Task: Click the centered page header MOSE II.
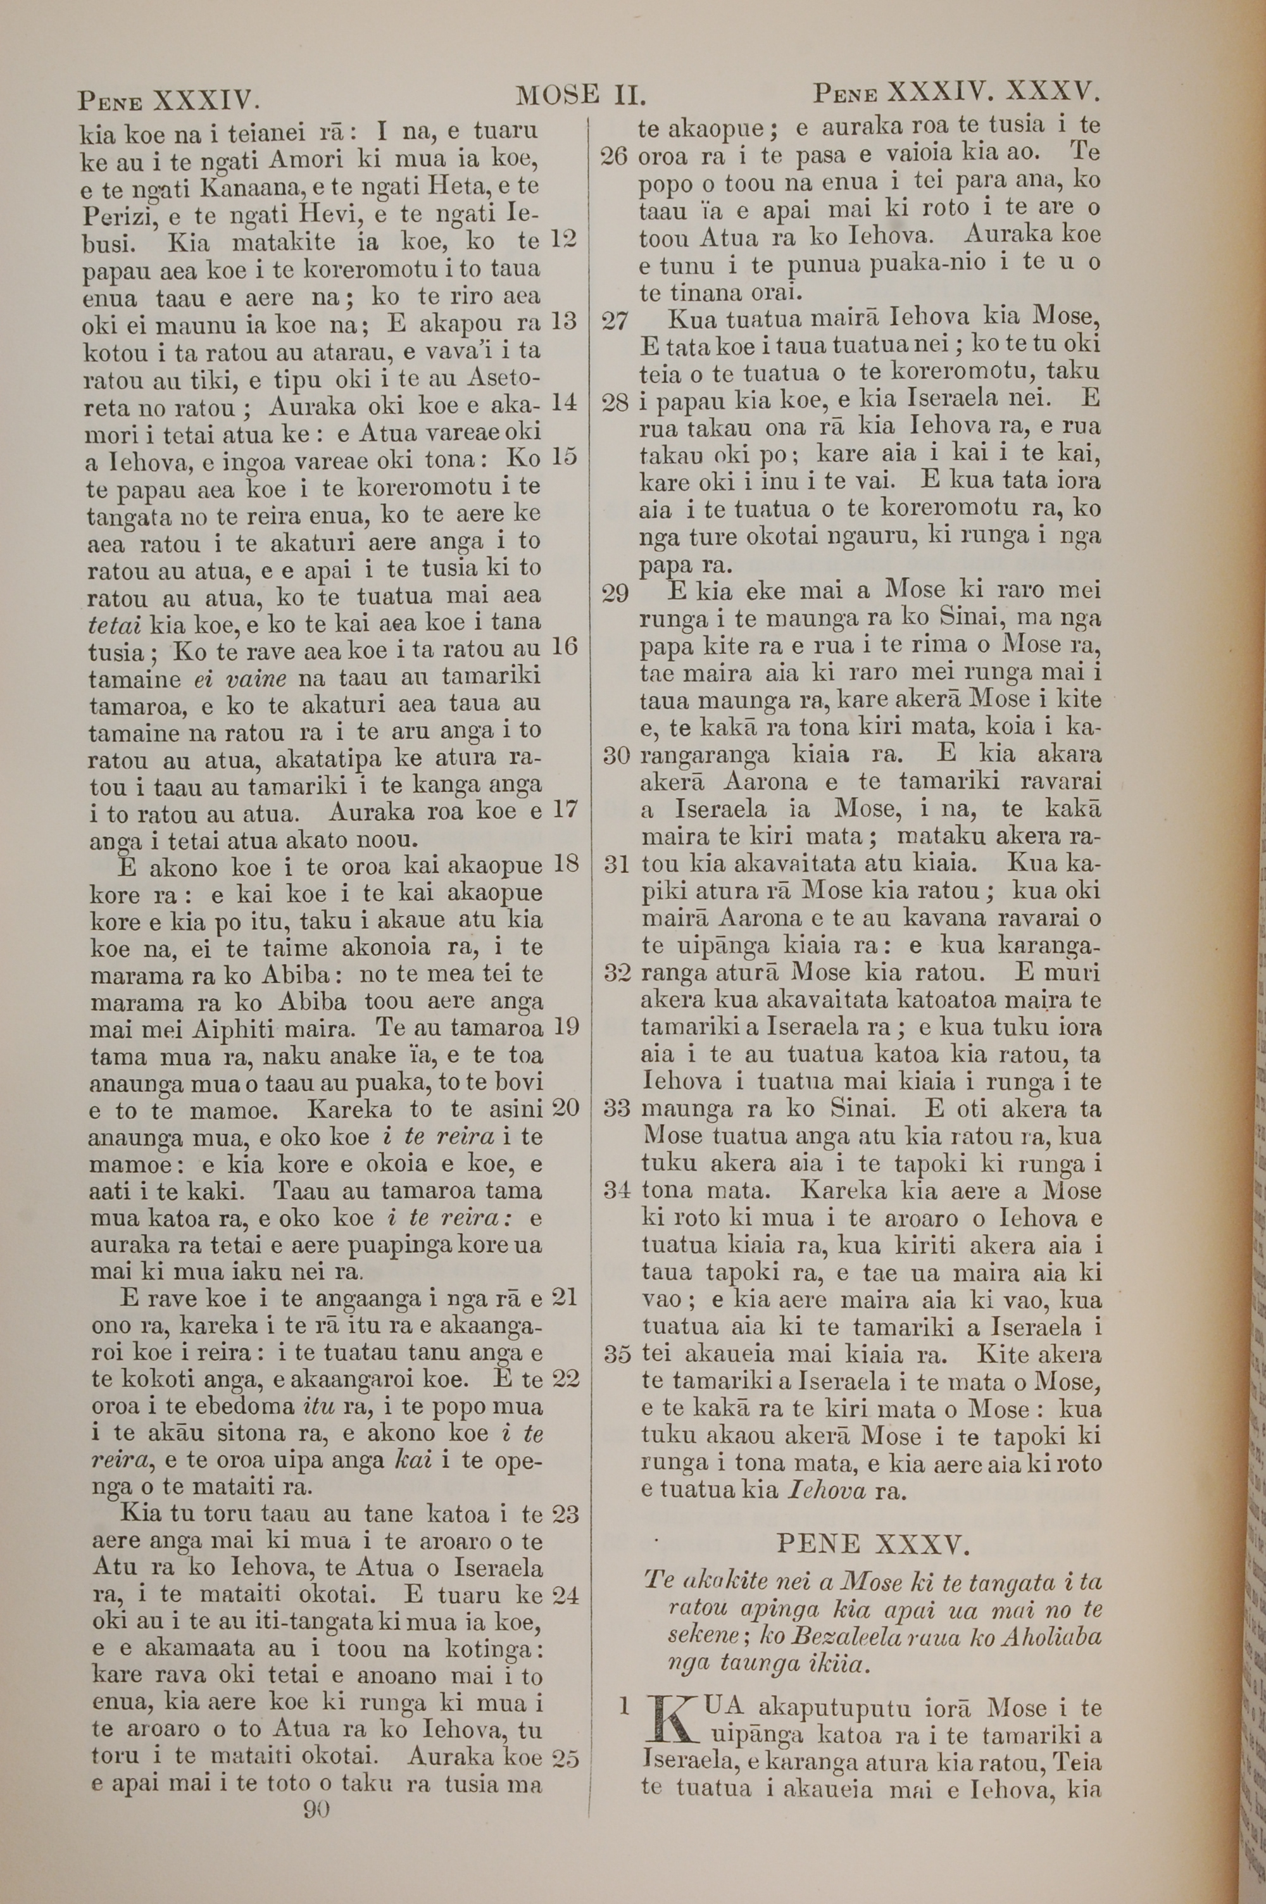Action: point(580,97)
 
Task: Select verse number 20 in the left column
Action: point(565,1107)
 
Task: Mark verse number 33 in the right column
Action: point(617,1108)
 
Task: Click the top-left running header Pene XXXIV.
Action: point(168,101)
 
